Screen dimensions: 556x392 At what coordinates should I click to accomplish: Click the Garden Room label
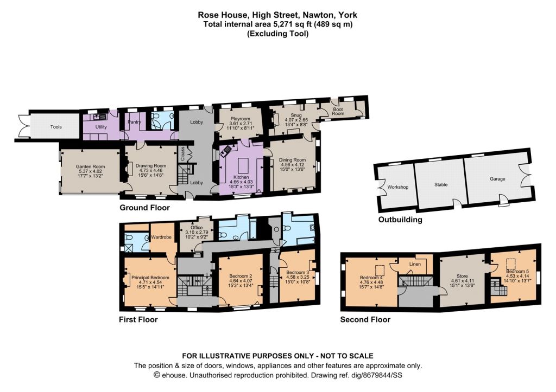91,166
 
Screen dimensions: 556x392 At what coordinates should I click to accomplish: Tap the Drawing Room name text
151,166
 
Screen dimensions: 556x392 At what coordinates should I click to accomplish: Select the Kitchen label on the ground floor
241,177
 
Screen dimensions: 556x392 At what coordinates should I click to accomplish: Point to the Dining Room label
292,160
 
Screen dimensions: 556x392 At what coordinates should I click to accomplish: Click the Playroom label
241,119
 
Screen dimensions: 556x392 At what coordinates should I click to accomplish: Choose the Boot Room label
338,112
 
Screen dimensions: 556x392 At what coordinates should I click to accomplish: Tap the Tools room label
56,127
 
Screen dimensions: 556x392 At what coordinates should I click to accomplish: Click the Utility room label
101,127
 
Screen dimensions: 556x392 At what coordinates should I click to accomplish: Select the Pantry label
135,122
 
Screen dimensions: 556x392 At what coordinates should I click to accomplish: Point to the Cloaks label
183,153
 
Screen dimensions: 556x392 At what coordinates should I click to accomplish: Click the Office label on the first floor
197,228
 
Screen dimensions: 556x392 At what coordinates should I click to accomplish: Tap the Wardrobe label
161,237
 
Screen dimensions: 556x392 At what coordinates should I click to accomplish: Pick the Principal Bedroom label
150,278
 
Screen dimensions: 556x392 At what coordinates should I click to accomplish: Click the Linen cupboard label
415,264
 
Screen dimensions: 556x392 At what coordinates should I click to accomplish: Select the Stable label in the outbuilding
441,184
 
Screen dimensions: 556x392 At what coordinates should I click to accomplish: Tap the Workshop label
398,187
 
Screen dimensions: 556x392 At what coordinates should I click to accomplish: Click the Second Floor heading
365,319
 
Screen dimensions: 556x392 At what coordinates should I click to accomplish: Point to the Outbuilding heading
400,220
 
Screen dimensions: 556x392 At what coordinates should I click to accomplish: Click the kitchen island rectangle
243,165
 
